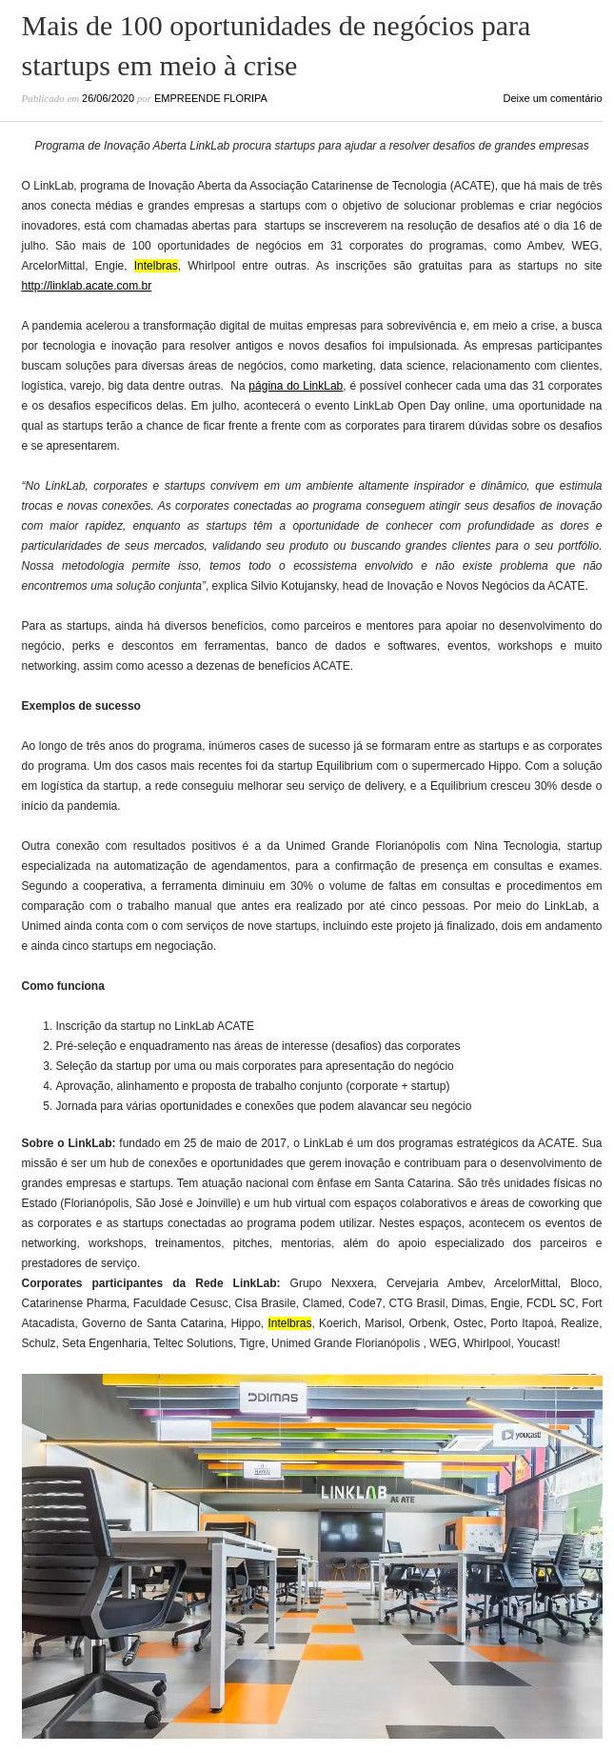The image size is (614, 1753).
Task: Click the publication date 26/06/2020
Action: point(108,98)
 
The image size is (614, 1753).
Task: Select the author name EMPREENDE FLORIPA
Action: point(210,98)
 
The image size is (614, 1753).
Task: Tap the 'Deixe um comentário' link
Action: point(552,98)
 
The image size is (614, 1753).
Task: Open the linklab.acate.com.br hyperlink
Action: point(87,286)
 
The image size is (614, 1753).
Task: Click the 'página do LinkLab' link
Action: point(295,386)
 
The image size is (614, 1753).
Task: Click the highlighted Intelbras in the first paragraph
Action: point(155,266)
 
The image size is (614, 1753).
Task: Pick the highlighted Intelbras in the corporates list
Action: point(289,1323)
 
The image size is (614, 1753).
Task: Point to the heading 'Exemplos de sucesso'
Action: point(81,706)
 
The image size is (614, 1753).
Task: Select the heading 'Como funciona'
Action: point(63,986)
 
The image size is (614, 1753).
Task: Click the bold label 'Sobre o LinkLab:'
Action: point(69,1143)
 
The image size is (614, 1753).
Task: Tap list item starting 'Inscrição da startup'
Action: point(154,1026)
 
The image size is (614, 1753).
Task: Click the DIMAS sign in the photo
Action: point(273,1398)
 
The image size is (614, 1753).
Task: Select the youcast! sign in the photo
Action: point(521,1434)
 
